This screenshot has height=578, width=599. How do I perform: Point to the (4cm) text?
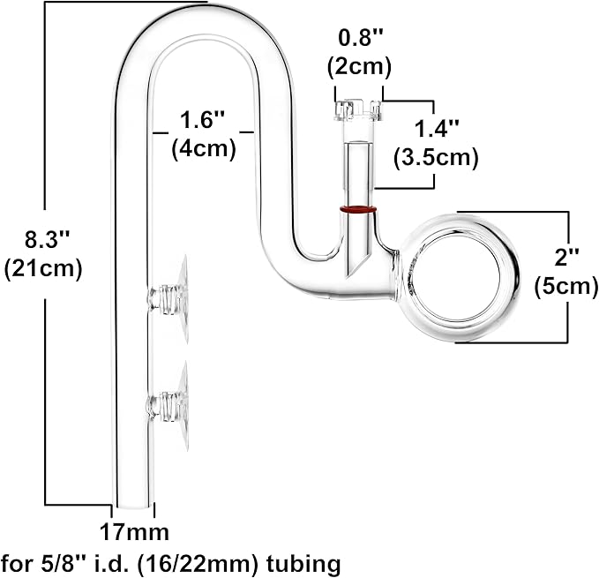[x=203, y=148]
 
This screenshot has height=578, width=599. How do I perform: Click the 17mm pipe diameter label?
[x=133, y=533]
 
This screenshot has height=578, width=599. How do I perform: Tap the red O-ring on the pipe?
[x=358, y=211]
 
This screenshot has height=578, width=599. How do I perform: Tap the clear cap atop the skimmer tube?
[x=357, y=109]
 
